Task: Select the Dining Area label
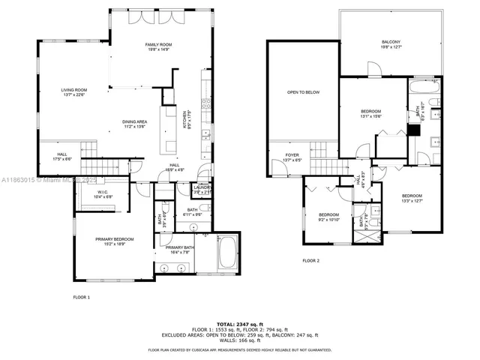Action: [x=134, y=124]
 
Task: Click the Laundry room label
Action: [x=202, y=190]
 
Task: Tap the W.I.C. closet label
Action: [x=103, y=193]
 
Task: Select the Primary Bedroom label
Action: [x=114, y=241]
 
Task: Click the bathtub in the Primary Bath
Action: [x=226, y=253]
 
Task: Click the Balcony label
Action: [x=391, y=44]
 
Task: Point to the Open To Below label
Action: [x=303, y=92]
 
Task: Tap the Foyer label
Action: [x=292, y=157]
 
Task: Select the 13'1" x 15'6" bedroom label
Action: [x=371, y=113]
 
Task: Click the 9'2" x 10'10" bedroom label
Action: [x=330, y=217]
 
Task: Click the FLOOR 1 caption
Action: [x=81, y=297]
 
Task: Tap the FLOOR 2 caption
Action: [x=310, y=260]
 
